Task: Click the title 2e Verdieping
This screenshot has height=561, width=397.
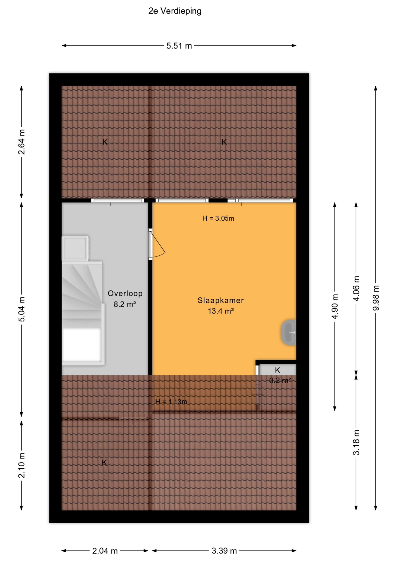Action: (175, 11)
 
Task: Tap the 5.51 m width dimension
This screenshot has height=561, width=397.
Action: (179, 46)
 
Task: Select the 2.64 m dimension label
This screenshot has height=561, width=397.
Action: (22, 142)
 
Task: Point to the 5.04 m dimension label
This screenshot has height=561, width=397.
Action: (22, 309)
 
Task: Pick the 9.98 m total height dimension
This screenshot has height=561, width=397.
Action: (376, 298)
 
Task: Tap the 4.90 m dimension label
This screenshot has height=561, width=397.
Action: (335, 307)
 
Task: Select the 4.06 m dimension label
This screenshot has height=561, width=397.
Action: (356, 288)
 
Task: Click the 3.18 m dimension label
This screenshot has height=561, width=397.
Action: (356, 443)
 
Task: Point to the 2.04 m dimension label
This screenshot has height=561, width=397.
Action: (105, 551)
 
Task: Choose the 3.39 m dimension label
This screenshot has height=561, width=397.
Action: (224, 551)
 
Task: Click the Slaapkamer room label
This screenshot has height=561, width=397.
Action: (221, 300)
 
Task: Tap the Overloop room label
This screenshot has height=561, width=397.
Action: (125, 293)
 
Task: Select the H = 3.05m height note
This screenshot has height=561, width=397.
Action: (218, 218)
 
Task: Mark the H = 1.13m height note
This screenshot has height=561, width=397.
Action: (171, 401)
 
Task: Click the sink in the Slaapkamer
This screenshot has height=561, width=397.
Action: (289, 333)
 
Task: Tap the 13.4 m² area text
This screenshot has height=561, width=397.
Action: (221, 311)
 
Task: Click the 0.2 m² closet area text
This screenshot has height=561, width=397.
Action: (280, 380)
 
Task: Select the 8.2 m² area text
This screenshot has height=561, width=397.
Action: (125, 304)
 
